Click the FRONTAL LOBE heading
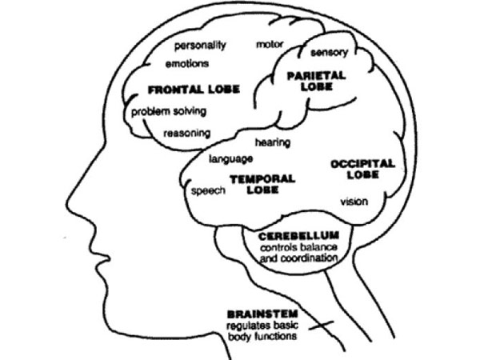pos(194,90)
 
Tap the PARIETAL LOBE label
pos(317,81)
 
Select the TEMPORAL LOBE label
pos(262,184)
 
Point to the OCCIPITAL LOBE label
pos(362,170)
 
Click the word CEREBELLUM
pos(298,236)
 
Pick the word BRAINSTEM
pos(262,314)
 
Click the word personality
pos(200,46)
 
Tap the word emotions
pos(187,64)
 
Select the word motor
pos(270,45)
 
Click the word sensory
pos(330,53)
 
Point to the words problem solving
pos(169,112)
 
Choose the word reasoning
pos(187,134)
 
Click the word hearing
pos(273,143)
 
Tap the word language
pos(231,159)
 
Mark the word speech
pos(209,191)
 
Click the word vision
pos(354,202)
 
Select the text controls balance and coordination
pos(298,253)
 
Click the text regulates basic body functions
pos(262,331)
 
